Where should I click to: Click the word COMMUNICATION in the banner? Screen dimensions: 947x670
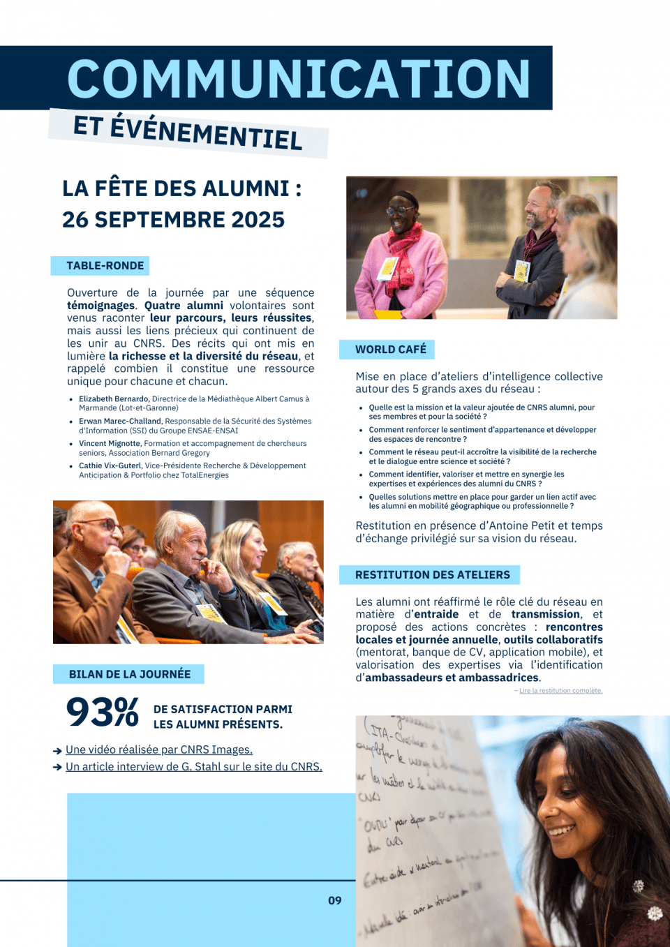coord(299,79)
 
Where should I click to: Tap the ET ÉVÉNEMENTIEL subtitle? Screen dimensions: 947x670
coord(188,133)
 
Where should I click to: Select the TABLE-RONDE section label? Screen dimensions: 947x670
coord(105,266)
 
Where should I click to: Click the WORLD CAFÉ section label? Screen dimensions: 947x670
coord(390,350)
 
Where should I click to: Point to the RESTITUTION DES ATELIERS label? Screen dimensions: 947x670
coord(432,575)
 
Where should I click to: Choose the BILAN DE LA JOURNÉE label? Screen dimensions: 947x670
coord(130,674)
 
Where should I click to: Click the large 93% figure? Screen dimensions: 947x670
coord(102,713)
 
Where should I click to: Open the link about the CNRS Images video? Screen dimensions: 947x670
coord(159,750)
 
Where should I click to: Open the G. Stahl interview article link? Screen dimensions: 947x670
coord(194,766)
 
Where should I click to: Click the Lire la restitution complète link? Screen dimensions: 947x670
coord(560,691)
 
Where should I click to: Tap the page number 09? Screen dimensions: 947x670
coord(335,901)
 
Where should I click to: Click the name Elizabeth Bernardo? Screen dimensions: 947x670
coord(114,399)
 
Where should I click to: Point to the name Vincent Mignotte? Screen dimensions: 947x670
coord(110,444)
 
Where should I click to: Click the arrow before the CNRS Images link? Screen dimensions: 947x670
coord(57,751)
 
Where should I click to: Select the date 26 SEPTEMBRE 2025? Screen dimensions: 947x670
coord(173,220)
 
